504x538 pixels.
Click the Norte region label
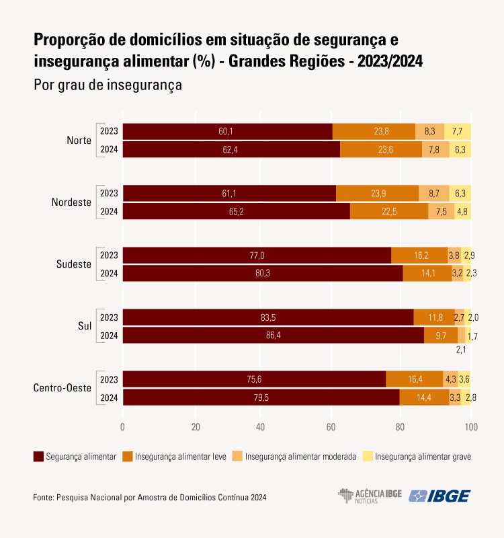tap(79, 141)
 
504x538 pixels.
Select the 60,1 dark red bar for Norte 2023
tap(228, 132)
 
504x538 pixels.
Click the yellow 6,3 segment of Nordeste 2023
tap(460, 194)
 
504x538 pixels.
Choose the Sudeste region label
tap(74, 264)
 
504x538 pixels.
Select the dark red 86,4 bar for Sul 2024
tap(274, 335)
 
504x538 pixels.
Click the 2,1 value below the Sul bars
tap(462, 350)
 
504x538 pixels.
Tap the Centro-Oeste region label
tap(62, 388)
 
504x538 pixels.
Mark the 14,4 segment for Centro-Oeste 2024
tap(424, 397)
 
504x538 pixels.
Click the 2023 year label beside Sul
tap(109, 317)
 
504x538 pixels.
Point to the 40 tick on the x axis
tap(261, 427)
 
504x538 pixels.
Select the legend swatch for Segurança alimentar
tap(38, 457)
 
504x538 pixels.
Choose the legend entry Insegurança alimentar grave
tap(423, 457)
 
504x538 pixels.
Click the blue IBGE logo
tap(440, 496)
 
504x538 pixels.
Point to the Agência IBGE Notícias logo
tap(370, 496)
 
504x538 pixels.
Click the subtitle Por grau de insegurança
tap(108, 85)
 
